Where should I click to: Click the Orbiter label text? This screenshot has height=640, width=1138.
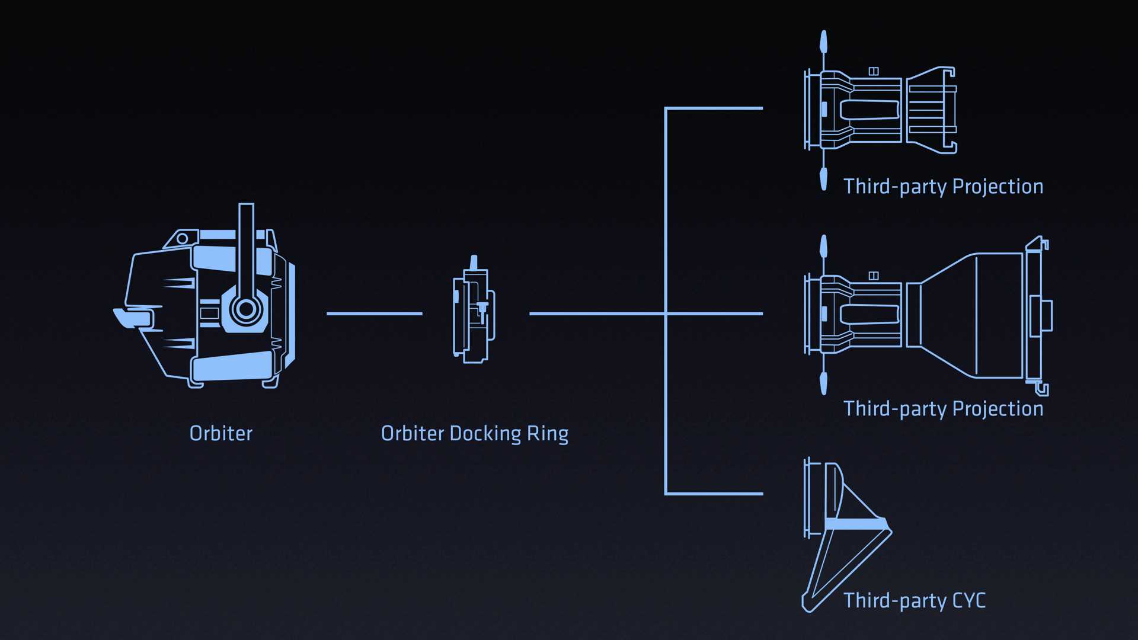click(x=220, y=434)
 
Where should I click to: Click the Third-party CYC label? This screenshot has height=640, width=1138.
click(x=915, y=601)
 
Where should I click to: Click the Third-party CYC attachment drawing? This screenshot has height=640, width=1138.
click(x=842, y=533)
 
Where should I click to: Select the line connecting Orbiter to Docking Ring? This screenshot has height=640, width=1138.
click(x=374, y=313)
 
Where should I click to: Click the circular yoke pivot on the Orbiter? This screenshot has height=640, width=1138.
click(x=245, y=309)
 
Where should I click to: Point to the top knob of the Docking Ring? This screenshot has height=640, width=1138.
click(x=473, y=263)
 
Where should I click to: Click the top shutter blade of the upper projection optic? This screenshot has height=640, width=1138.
click(x=823, y=43)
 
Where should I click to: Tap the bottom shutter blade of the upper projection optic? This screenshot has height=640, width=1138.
click(x=823, y=178)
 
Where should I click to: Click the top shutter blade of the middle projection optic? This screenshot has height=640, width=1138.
click(x=823, y=247)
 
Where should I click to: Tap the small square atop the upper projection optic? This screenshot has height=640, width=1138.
click(x=873, y=71)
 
